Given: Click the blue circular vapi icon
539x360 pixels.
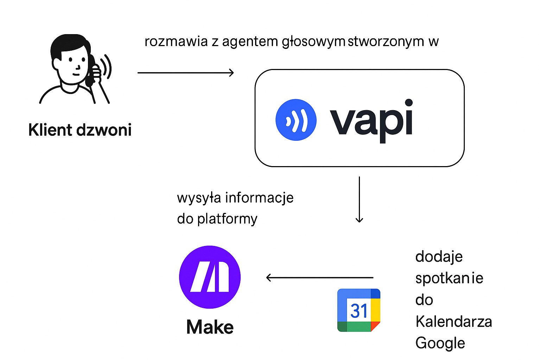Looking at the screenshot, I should [296, 120].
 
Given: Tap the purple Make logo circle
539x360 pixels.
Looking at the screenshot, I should [210, 277].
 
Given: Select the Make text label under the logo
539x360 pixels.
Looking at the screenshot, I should [210, 327].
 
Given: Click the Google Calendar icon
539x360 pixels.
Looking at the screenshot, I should [359, 310].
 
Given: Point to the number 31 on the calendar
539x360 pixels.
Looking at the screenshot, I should [359, 311].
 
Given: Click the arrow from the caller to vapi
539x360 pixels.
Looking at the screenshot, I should [185, 73].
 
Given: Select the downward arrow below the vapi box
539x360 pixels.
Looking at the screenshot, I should [359, 200].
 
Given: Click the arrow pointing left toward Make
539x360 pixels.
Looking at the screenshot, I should [319, 278].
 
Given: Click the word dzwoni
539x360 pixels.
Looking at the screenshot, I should [104, 130].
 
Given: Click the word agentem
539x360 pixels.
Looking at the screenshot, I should [250, 42].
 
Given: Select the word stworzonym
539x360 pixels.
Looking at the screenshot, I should [386, 42].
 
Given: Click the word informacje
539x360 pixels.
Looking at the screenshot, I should [259, 198].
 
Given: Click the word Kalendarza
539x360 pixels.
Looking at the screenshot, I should [454, 322].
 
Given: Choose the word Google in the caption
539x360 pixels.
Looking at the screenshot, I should [440, 343].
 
